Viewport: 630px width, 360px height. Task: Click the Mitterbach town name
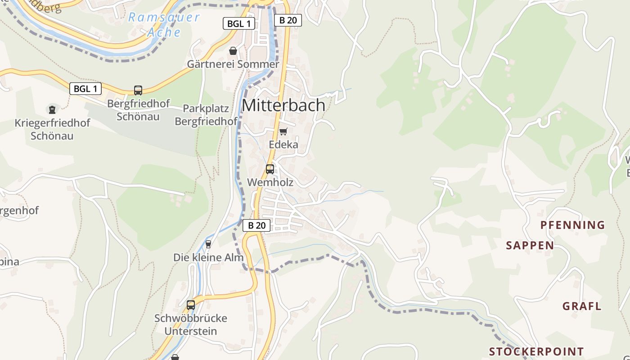(x=283, y=105)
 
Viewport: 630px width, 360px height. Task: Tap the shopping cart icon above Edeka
(x=283, y=131)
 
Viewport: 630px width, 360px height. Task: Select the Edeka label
(x=283, y=144)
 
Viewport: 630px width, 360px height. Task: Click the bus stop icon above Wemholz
(x=270, y=169)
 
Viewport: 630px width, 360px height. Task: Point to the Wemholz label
(x=270, y=182)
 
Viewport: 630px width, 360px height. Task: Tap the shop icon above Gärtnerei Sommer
(x=233, y=51)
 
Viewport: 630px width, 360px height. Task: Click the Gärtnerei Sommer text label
(x=233, y=64)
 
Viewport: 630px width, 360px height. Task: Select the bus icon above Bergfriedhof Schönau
(x=138, y=90)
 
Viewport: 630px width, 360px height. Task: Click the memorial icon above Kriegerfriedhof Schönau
(x=52, y=109)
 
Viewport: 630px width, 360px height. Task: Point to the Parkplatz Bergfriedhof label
(x=206, y=115)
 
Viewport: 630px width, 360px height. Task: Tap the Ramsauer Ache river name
(x=164, y=25)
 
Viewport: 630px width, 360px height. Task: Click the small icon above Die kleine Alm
(x=208, y=244)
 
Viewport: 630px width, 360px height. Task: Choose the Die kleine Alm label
(x=208, y=257)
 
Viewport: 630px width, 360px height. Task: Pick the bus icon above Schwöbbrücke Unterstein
(x=191, y=305)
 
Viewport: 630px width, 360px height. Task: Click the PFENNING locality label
(x=572, y=225)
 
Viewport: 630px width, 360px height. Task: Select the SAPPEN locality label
(x=530, y=245)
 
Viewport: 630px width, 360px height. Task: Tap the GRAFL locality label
(x=582, y=306)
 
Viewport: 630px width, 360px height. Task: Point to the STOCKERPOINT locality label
(x=536, y=351)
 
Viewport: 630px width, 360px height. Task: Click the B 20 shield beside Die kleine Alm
(x=256, y=225)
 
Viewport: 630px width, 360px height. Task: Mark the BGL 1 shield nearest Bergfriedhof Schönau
(x=85, y=89)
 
